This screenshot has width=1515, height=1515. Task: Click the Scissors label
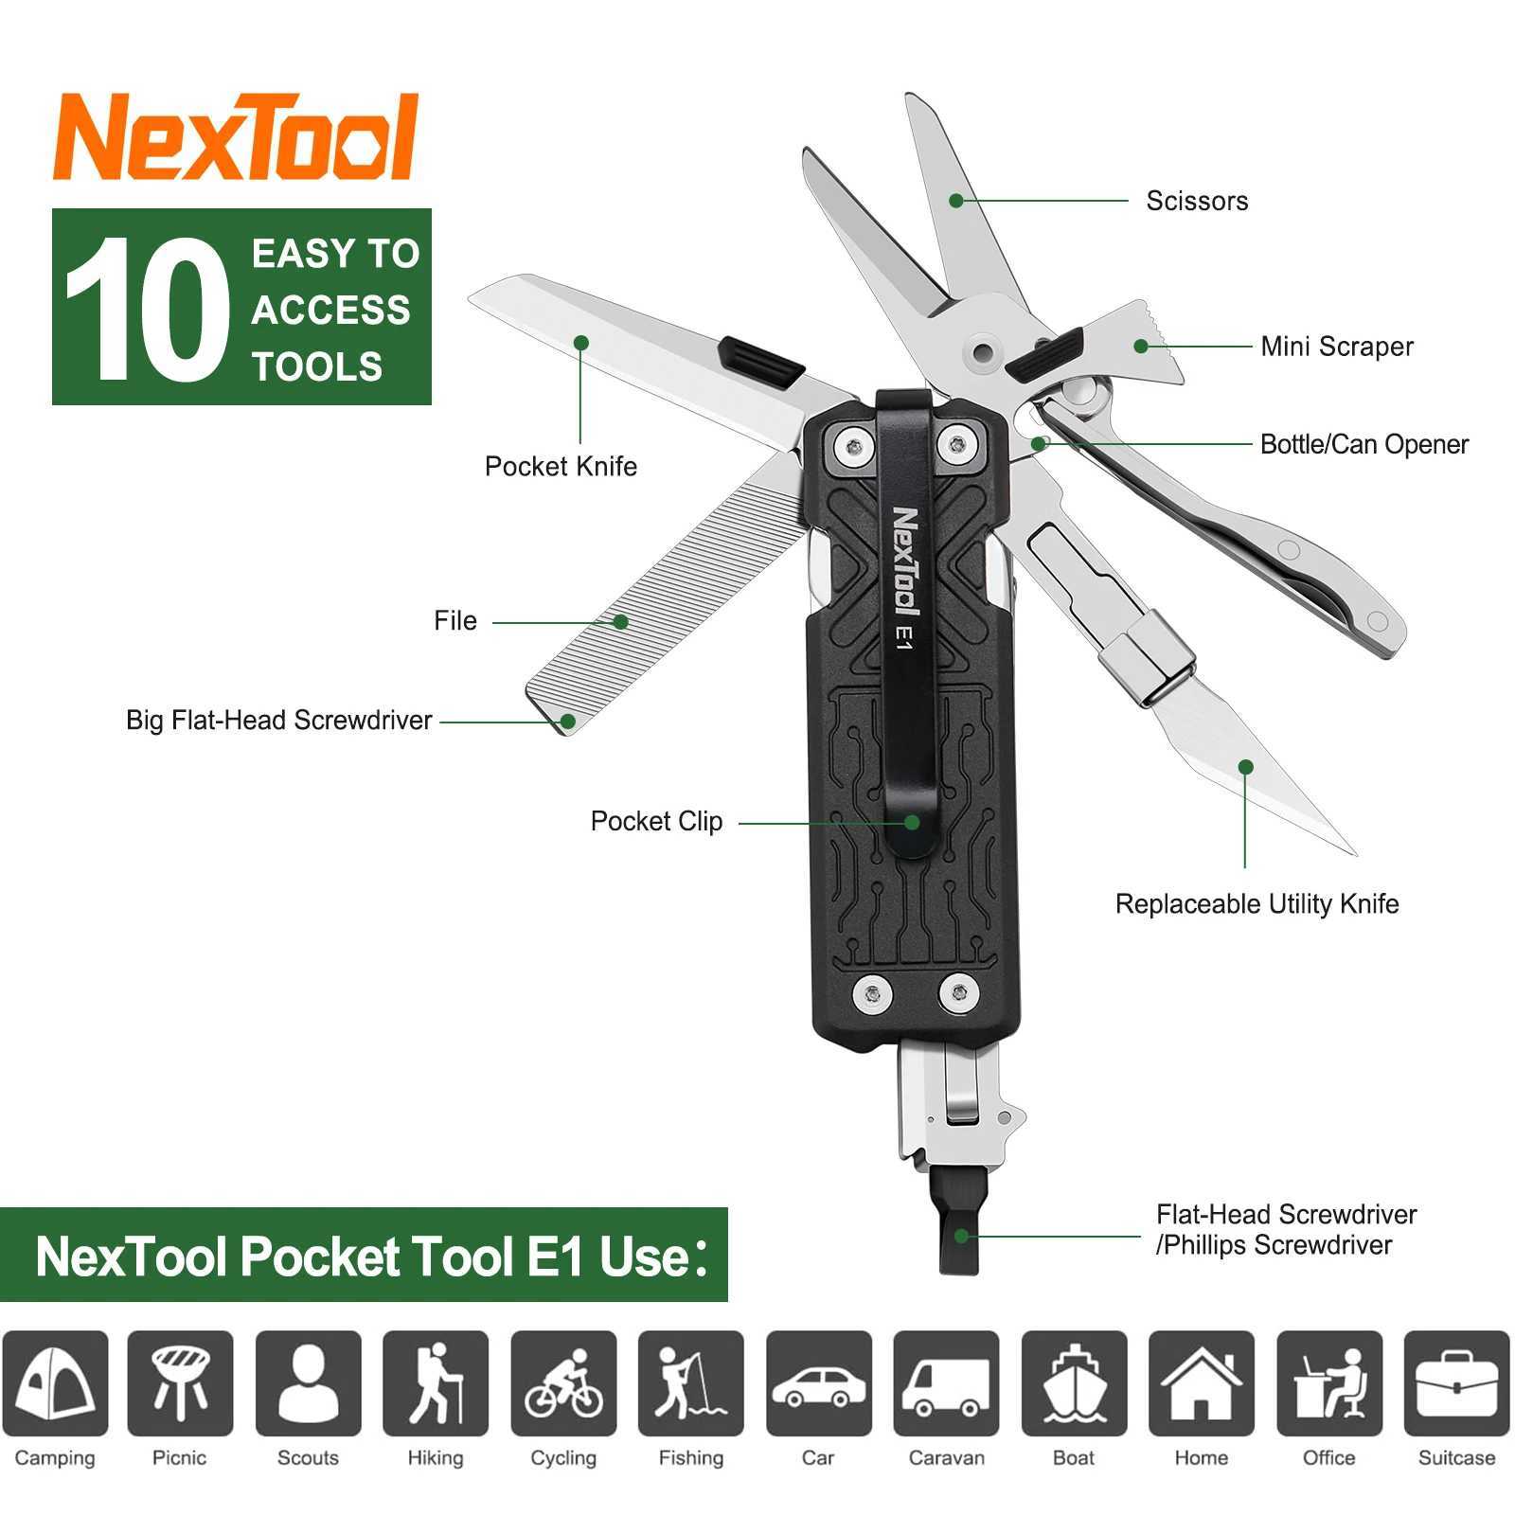point(1197,201)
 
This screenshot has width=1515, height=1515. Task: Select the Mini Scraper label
point(1336,347)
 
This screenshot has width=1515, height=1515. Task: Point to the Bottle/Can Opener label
point(1363,444)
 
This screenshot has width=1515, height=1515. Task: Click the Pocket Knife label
point(561,466)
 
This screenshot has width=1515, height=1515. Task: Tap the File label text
point(455,621)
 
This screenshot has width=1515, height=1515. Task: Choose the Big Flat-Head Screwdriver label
point(278,721)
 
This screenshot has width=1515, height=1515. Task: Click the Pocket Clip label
point(656,821)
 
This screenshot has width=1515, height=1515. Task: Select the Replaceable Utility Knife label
point(1257,904)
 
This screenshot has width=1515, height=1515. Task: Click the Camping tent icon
point(55,1383)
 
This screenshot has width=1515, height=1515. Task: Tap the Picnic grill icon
point(180,1383)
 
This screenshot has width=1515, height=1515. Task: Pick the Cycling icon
point(563,1383)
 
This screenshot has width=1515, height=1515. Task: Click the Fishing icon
point(691,1383)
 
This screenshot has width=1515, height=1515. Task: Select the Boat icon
point(1074,1383)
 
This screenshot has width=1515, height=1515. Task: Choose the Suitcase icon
point(1456,1383)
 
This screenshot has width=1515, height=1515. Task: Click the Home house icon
point(1201,1383)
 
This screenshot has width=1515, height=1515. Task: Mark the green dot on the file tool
point(620,621)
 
